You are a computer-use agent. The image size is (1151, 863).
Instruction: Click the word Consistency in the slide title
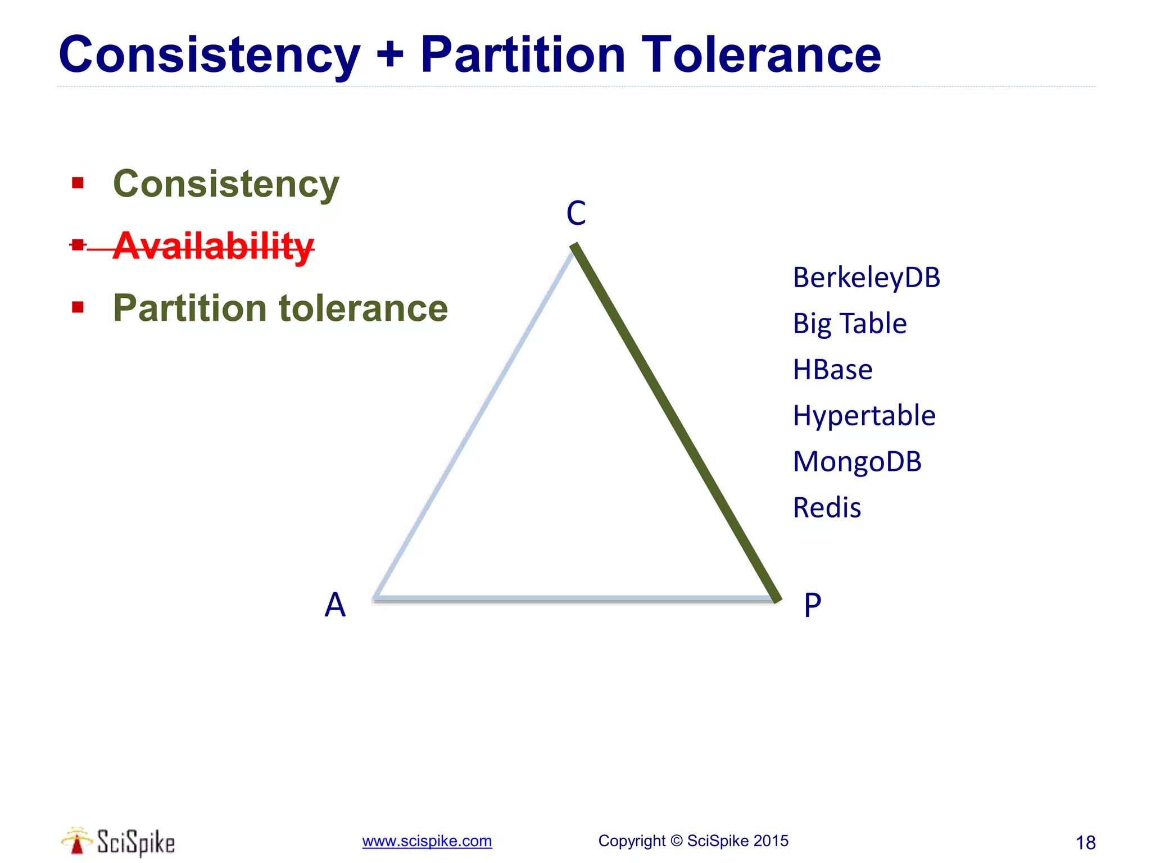pos(209,55)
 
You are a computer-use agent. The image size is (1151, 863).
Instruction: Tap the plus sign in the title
pos(390,55)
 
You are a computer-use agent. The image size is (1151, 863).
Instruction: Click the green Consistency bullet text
pos(226,184)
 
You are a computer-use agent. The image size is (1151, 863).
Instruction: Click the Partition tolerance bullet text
pos(280,308)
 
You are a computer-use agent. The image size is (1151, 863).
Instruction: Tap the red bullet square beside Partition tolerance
pos(78,307)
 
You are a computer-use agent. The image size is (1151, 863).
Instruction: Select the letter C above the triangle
pos(576,214)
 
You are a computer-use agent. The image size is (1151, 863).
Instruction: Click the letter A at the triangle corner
pos(335,605)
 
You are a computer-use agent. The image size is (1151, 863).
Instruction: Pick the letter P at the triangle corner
pos(813,606)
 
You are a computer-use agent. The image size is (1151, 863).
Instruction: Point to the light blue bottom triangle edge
pos(573,599)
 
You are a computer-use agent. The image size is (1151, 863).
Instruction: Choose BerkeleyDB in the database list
pos(866,278)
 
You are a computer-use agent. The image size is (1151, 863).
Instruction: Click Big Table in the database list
pos(849,324)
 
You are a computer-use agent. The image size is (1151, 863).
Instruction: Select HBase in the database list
pos(832,370)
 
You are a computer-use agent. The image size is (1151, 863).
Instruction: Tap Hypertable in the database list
pos(864,416)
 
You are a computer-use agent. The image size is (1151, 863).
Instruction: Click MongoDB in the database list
pos(857,462)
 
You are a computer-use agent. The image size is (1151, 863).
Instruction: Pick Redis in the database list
pos(827,508)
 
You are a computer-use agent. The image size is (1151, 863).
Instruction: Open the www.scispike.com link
pos(427,841)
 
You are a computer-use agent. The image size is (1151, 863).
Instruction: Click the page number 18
pos(1085,843)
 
